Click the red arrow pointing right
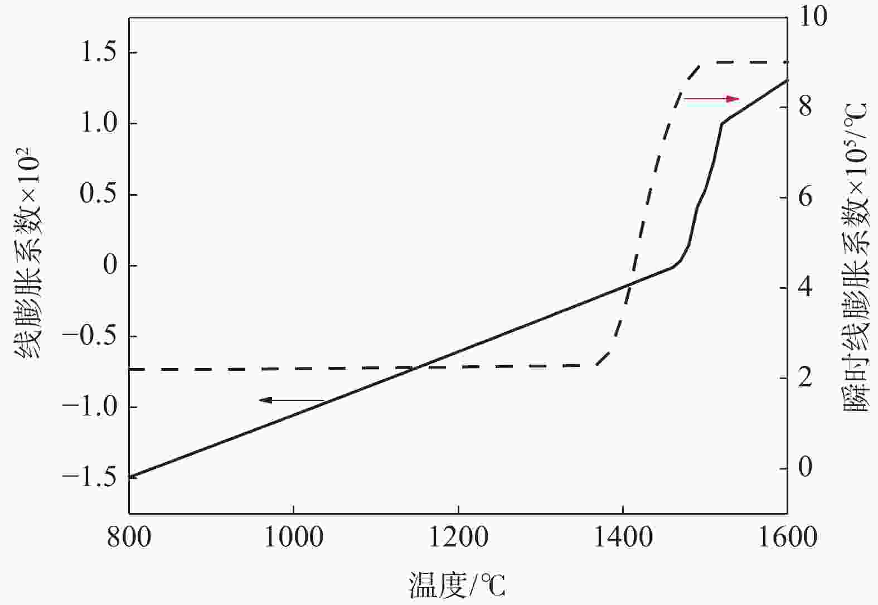[x=711, y=99]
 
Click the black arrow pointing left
[x=291, y=400]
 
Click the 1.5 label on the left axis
[x=99, y=53]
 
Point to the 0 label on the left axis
[x=111, y=265]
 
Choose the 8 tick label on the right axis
[x=806, y=107]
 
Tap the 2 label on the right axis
[x=806, y=377]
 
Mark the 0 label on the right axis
[x=806, y=467]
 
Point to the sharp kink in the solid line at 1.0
[x=722, y=123]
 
